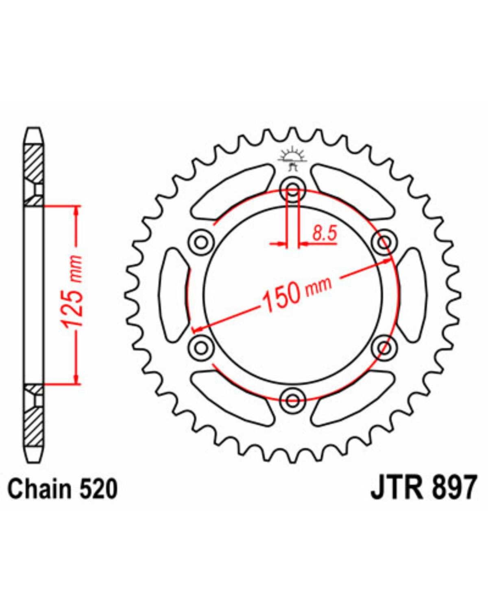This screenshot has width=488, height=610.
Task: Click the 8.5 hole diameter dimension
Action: click(x=325, y=233)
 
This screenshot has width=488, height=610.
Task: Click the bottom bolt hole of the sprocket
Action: click(x=293, y=401)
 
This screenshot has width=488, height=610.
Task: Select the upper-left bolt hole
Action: click(x=201, y=242)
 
